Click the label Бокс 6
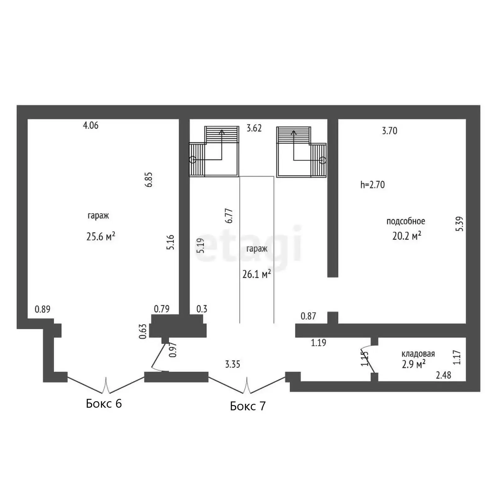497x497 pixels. [104, 403]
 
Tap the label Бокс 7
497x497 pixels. [248, 406]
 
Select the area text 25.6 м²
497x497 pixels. [101, 237]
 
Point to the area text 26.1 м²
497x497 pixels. [256, 274]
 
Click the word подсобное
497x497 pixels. [406, 221]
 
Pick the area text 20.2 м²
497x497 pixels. [407, 236]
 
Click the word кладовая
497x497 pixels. [418, 354]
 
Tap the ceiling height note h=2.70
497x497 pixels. [372, 185]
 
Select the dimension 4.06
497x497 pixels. [91, 125]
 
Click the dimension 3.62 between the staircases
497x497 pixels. [254, 128]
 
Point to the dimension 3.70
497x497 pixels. [390, 131]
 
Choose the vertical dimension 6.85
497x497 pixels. [149, 179]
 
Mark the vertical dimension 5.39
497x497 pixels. [460, 224]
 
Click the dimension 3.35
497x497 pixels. [233, 364]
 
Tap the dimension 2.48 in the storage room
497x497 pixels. [443, 375]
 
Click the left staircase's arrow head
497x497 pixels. [221, 132]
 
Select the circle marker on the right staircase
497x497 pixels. [323, 160]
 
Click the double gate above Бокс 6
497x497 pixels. [106, 385]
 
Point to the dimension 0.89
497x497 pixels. [43, 309]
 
